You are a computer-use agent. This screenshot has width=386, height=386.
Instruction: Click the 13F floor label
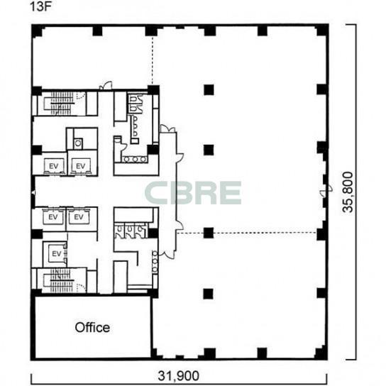40,6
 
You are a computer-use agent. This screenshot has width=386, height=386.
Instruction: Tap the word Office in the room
92,327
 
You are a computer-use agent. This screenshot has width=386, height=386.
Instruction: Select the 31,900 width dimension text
179,376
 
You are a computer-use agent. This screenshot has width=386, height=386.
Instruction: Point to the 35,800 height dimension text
348,192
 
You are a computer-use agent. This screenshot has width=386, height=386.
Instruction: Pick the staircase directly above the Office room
60,280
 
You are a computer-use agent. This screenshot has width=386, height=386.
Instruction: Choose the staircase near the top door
60,104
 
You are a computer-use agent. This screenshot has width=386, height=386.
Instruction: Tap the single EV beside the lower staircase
56,253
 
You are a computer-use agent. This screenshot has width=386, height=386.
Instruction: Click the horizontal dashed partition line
246,233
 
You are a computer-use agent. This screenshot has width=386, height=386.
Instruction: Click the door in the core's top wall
106,86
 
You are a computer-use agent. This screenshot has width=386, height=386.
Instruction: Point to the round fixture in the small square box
78,143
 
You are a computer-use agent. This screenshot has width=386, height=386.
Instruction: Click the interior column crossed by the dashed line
209,233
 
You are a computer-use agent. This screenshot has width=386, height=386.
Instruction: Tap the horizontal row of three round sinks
135,159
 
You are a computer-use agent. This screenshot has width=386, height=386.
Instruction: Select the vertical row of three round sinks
155,261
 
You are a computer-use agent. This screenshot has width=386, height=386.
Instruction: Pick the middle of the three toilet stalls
129,231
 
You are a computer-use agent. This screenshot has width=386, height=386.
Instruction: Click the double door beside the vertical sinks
167,253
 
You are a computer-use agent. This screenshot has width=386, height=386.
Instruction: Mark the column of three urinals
134,126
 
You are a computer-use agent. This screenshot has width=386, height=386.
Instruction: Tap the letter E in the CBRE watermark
230,193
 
